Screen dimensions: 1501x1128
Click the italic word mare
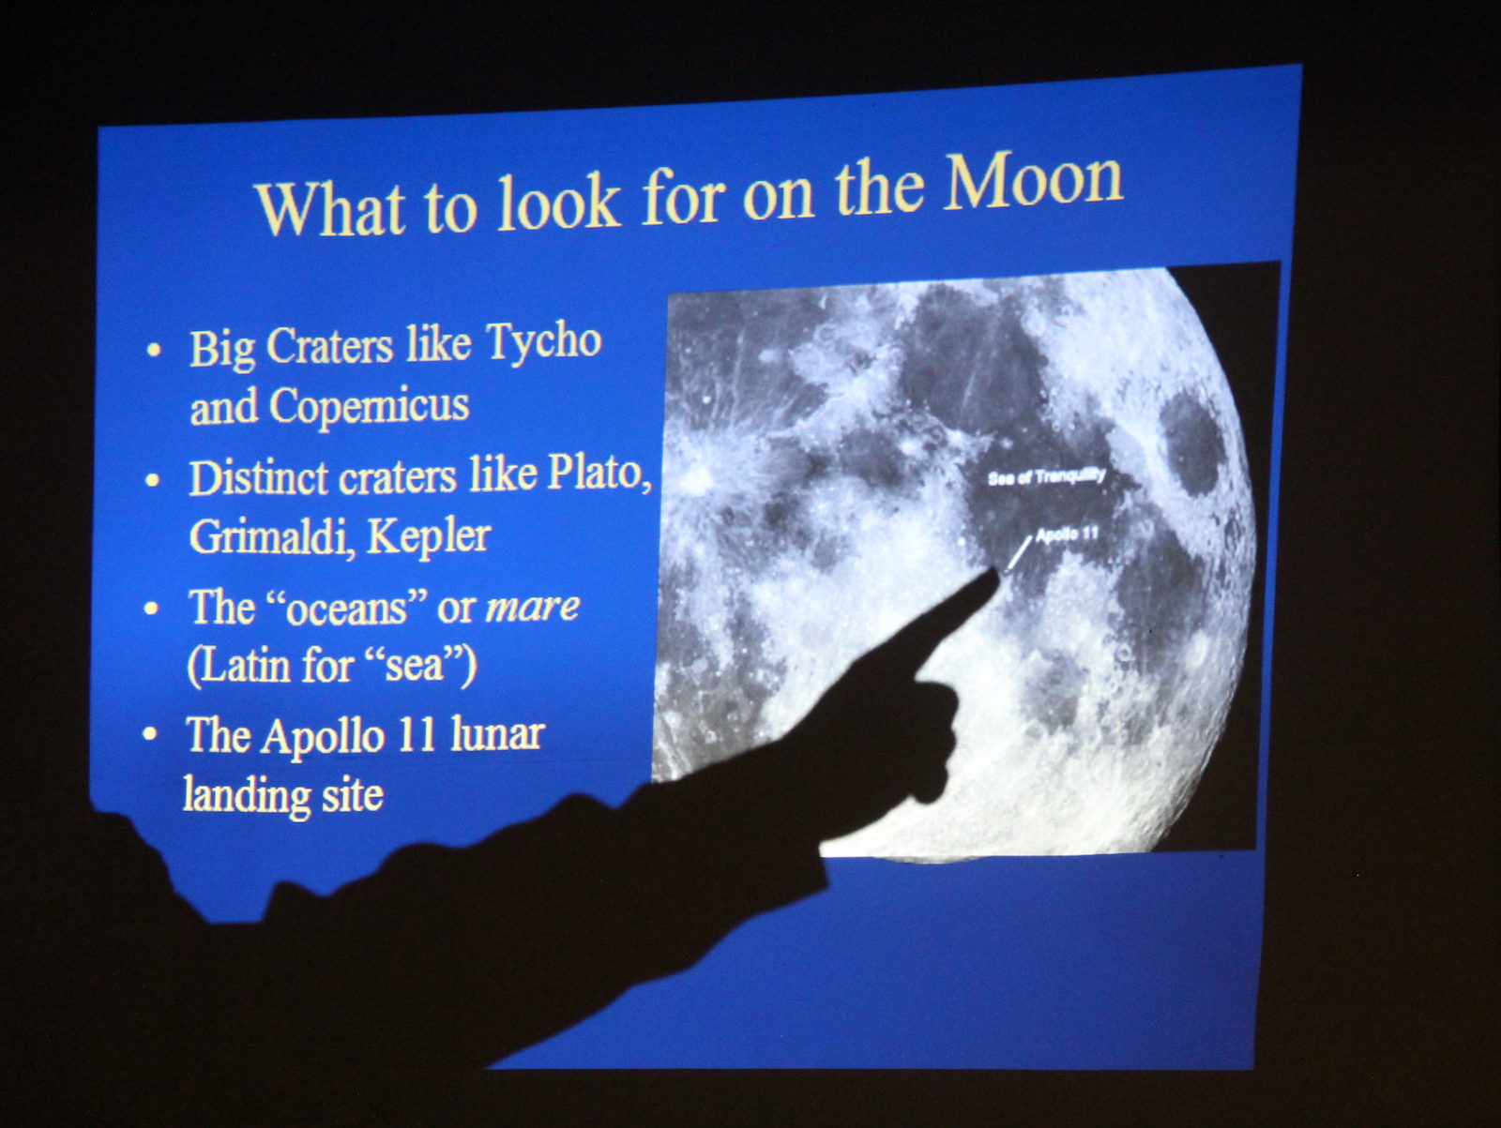click(x=533, y=607)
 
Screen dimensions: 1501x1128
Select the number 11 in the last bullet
click(x=416, y=736)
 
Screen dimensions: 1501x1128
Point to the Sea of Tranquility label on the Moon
click(x=1046, y=477)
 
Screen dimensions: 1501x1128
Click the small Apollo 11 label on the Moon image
click(x=1068, y=535)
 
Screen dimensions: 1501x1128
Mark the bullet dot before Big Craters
click(x=154, y=350)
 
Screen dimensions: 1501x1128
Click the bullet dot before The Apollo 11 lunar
click(x=150, y=735)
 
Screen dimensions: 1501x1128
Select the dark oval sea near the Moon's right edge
click(x=1192, y=444)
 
